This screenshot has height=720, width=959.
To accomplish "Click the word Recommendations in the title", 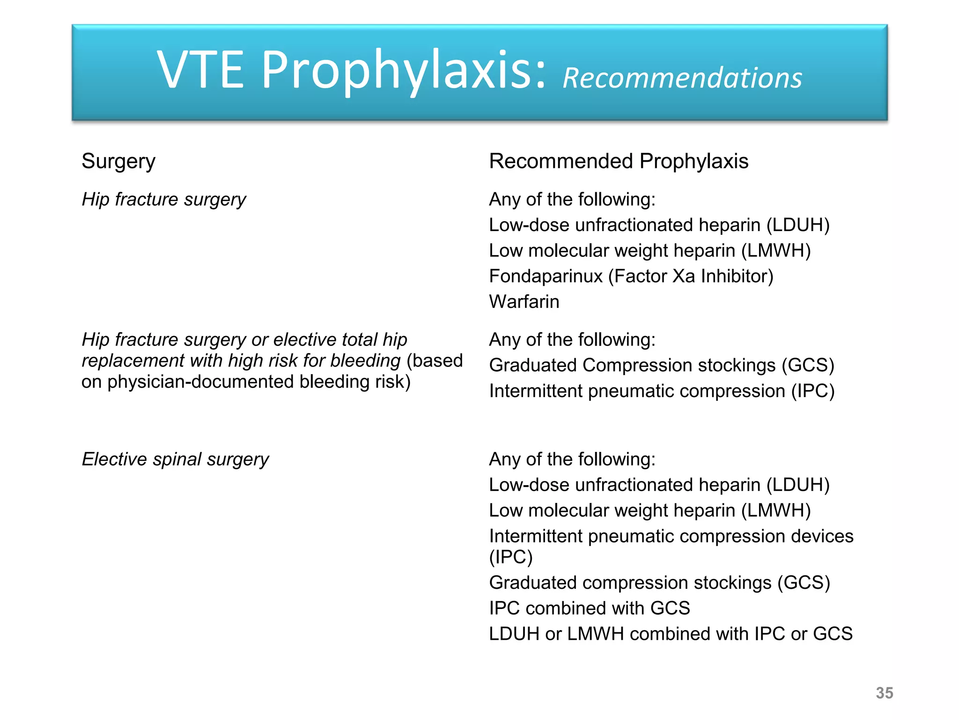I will pos(682,78).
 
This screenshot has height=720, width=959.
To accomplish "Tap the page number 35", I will pos(884,693).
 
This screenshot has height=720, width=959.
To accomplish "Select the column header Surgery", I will pos(118,161).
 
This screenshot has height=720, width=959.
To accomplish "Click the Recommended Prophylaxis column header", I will pos(618,161).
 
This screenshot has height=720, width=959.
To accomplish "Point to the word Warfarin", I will pos(524,302).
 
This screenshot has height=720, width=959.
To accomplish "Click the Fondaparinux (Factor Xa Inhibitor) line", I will pos(631,276).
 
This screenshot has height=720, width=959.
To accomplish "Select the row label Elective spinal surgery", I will pos(175,459).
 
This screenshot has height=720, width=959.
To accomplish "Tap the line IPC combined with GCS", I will pos(589,608).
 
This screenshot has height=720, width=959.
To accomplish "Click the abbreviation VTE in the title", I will pos(200,70).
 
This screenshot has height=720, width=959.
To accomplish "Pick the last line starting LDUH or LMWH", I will pos(670,634).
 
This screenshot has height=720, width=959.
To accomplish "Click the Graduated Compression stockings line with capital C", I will pos(661,365).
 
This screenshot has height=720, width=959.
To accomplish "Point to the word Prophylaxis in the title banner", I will pos(403,70).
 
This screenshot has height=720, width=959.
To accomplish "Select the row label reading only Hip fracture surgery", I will pos(163,200).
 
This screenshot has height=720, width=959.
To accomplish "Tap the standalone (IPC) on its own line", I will pos(510,557).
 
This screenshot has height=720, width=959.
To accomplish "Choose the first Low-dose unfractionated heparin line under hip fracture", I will pos(659,225).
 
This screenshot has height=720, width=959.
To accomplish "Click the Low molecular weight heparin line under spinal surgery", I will pos(649,510).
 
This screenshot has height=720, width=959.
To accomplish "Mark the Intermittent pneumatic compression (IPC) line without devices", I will pos(661,391).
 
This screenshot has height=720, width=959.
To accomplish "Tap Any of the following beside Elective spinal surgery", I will pos(572,459).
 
